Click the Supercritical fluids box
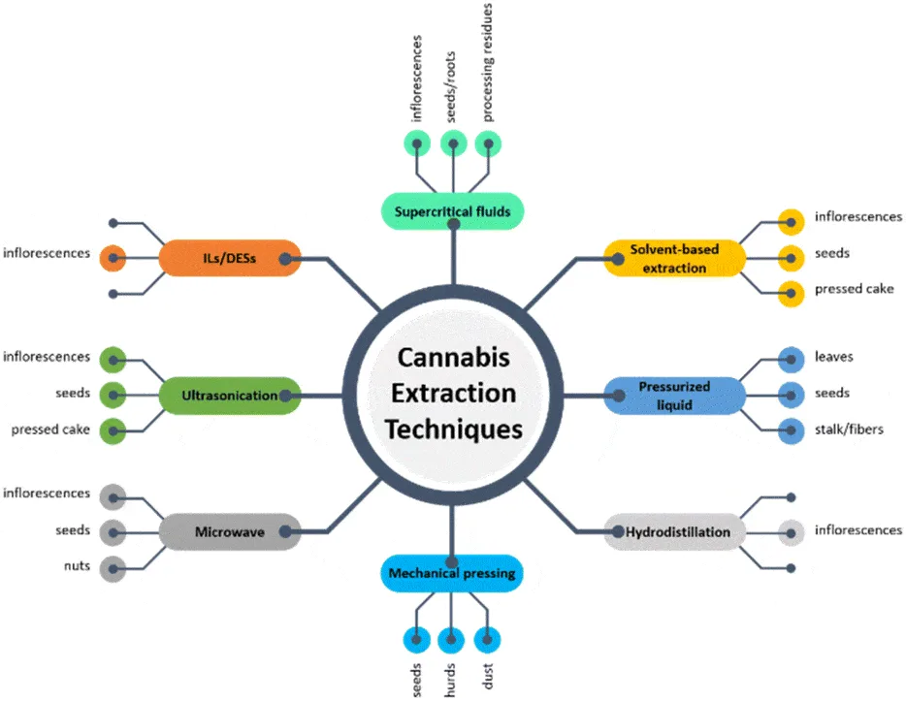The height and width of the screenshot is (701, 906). click(452, 211)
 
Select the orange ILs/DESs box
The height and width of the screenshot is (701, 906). click(230, 258)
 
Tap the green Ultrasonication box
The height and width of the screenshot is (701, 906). click(230, 395)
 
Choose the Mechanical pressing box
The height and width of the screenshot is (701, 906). click(452, 574)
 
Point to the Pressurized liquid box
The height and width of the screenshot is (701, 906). click(675, 395)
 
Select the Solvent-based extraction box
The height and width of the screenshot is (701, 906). click(675, 258)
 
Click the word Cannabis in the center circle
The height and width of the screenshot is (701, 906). click(453, 357)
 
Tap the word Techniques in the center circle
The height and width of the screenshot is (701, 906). click(453, 428)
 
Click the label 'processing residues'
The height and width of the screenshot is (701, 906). click(488, 62)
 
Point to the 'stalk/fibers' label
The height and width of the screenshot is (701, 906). click(849, 429)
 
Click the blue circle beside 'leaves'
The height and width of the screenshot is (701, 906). click(792, 358)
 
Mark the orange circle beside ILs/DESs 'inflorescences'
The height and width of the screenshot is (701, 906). click(113, 258)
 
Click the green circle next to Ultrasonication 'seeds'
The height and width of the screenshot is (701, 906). click(113, 395)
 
